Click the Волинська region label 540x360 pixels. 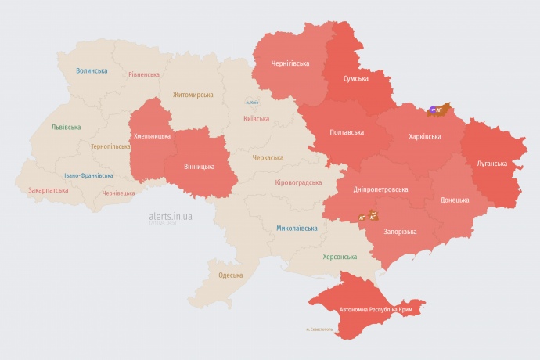coord(92,70)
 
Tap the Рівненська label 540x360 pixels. coord(144,74)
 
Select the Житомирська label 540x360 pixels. coord(193,95)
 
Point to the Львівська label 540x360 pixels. coord(66,127)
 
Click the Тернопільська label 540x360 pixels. coord(111,146)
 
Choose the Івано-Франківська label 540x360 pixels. coord(88,175)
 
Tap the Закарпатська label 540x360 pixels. coord(48,189)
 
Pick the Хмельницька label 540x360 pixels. coord(152,136)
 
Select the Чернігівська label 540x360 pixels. coord(290,63)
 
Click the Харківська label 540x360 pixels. coord(425,136)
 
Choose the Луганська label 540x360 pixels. coord(491,164)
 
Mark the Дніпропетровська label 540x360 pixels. coord(381,189)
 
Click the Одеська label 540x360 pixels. coord(230,275)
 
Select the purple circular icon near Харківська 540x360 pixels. coord(432,110)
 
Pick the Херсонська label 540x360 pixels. coord(340,257)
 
